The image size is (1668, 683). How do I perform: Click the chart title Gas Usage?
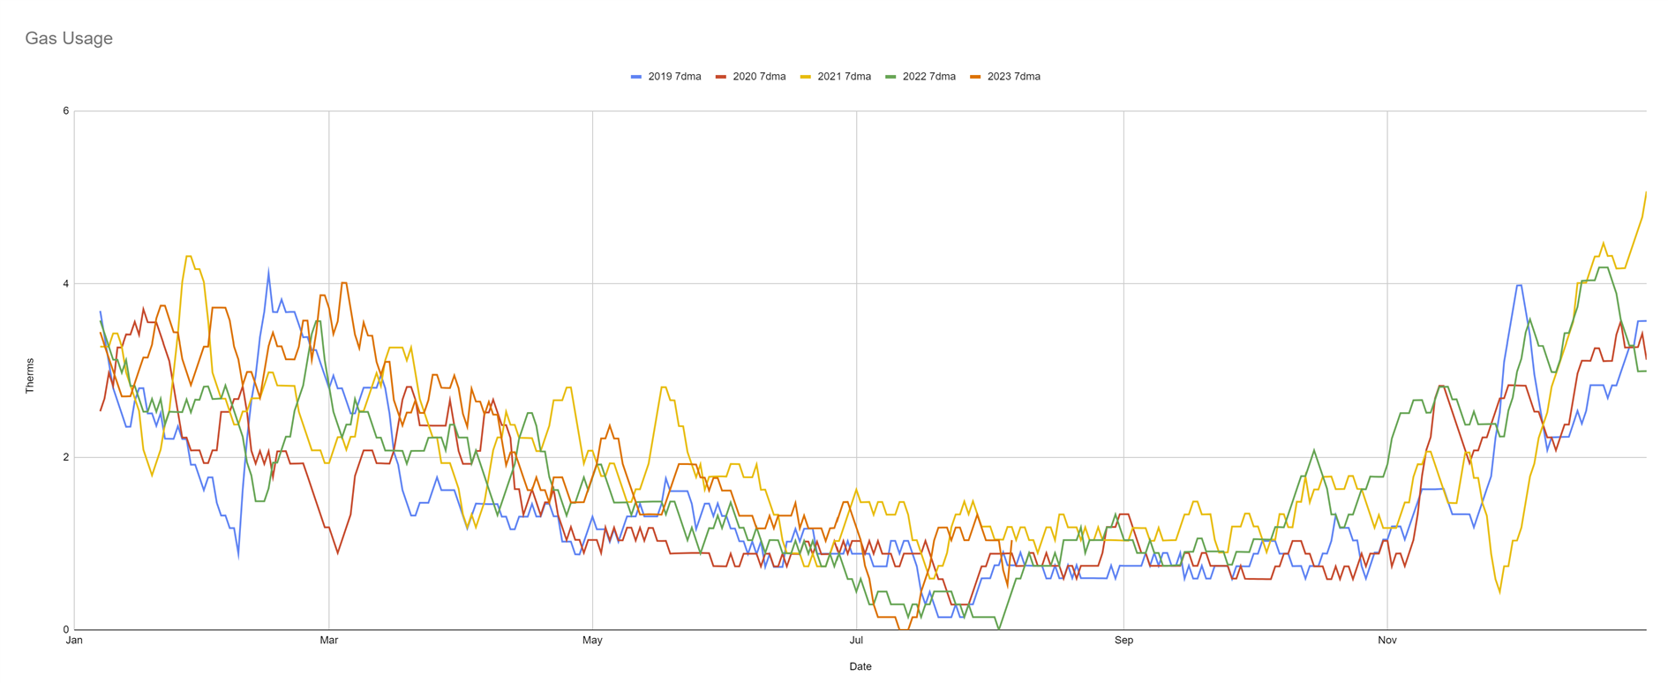point(69,39)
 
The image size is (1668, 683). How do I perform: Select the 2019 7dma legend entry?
point(666,77)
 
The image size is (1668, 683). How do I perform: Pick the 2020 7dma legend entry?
point(751,77)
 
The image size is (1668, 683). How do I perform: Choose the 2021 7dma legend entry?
point(836,77)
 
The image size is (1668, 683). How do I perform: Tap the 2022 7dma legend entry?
point(920,77)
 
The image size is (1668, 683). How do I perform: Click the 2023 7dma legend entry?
point(1005,77)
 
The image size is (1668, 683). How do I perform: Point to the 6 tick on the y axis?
point(65,111)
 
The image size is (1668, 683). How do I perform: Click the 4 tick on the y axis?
point(65,284)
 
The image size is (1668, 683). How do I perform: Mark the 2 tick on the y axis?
point(65,457)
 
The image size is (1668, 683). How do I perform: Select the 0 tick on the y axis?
point(65,630)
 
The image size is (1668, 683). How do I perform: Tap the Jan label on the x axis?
point(74,641)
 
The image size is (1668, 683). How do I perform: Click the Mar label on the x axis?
point(328,641)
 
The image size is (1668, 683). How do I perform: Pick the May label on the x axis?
point(592,641)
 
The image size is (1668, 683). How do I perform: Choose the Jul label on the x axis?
point(856,641)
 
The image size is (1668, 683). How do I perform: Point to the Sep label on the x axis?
point(1123,641)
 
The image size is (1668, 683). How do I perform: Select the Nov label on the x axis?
point(1387,641)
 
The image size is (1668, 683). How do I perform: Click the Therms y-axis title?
point(30,376)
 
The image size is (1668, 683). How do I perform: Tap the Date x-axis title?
point(860,667)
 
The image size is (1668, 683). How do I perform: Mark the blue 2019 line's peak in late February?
point(268,271)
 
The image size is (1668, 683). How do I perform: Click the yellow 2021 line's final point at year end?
point(1646,192)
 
